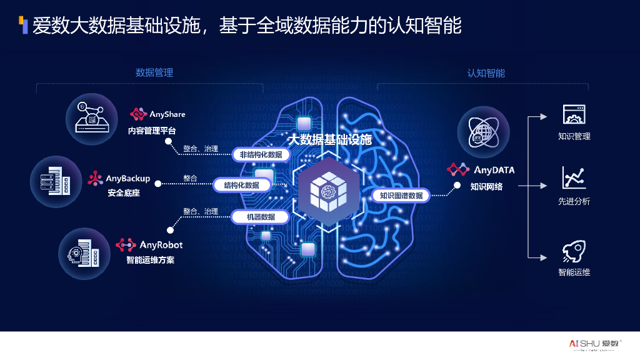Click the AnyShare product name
coord(167,114)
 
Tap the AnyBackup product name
coord(127,179)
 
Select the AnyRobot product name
coord(161,245)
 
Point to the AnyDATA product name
coord(493,170)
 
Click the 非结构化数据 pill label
coord(261,154)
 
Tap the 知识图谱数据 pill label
coord(401,195)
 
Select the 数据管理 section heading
coord(154,72)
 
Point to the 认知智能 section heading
coord(486,72)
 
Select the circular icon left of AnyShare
coord(92,115)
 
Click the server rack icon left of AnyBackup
coord(56,181)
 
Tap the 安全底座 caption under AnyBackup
coord(124,193)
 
